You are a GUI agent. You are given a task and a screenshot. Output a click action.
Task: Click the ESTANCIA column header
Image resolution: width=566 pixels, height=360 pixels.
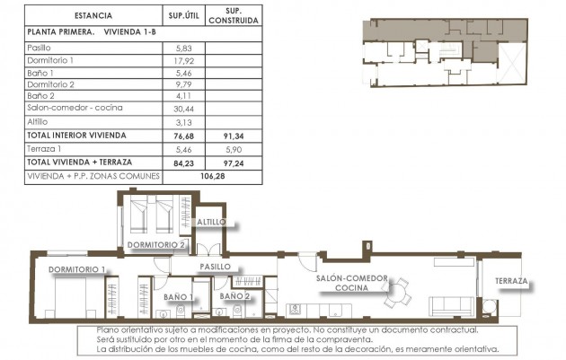click(x=93, y=15)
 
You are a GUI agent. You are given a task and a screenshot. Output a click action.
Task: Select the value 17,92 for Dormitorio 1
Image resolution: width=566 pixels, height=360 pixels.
click(x=184, y=60)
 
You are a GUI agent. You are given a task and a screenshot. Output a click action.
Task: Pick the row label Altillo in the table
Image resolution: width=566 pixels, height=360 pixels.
click(x=39, y=121)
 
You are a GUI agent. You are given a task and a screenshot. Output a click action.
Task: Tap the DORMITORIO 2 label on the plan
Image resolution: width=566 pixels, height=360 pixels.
click(x=156, y=244)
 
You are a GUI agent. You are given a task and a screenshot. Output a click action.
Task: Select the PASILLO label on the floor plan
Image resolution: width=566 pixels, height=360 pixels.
click(x=216, y=267)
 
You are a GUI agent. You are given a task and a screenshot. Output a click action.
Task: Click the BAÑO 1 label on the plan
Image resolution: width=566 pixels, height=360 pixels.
click(x=179, y=295)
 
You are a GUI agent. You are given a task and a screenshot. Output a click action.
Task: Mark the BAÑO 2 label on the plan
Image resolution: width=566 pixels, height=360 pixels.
click(x=234, y=295)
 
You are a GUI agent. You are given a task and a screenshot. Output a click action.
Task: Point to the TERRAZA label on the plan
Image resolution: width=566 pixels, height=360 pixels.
click(x=512, y=282)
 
